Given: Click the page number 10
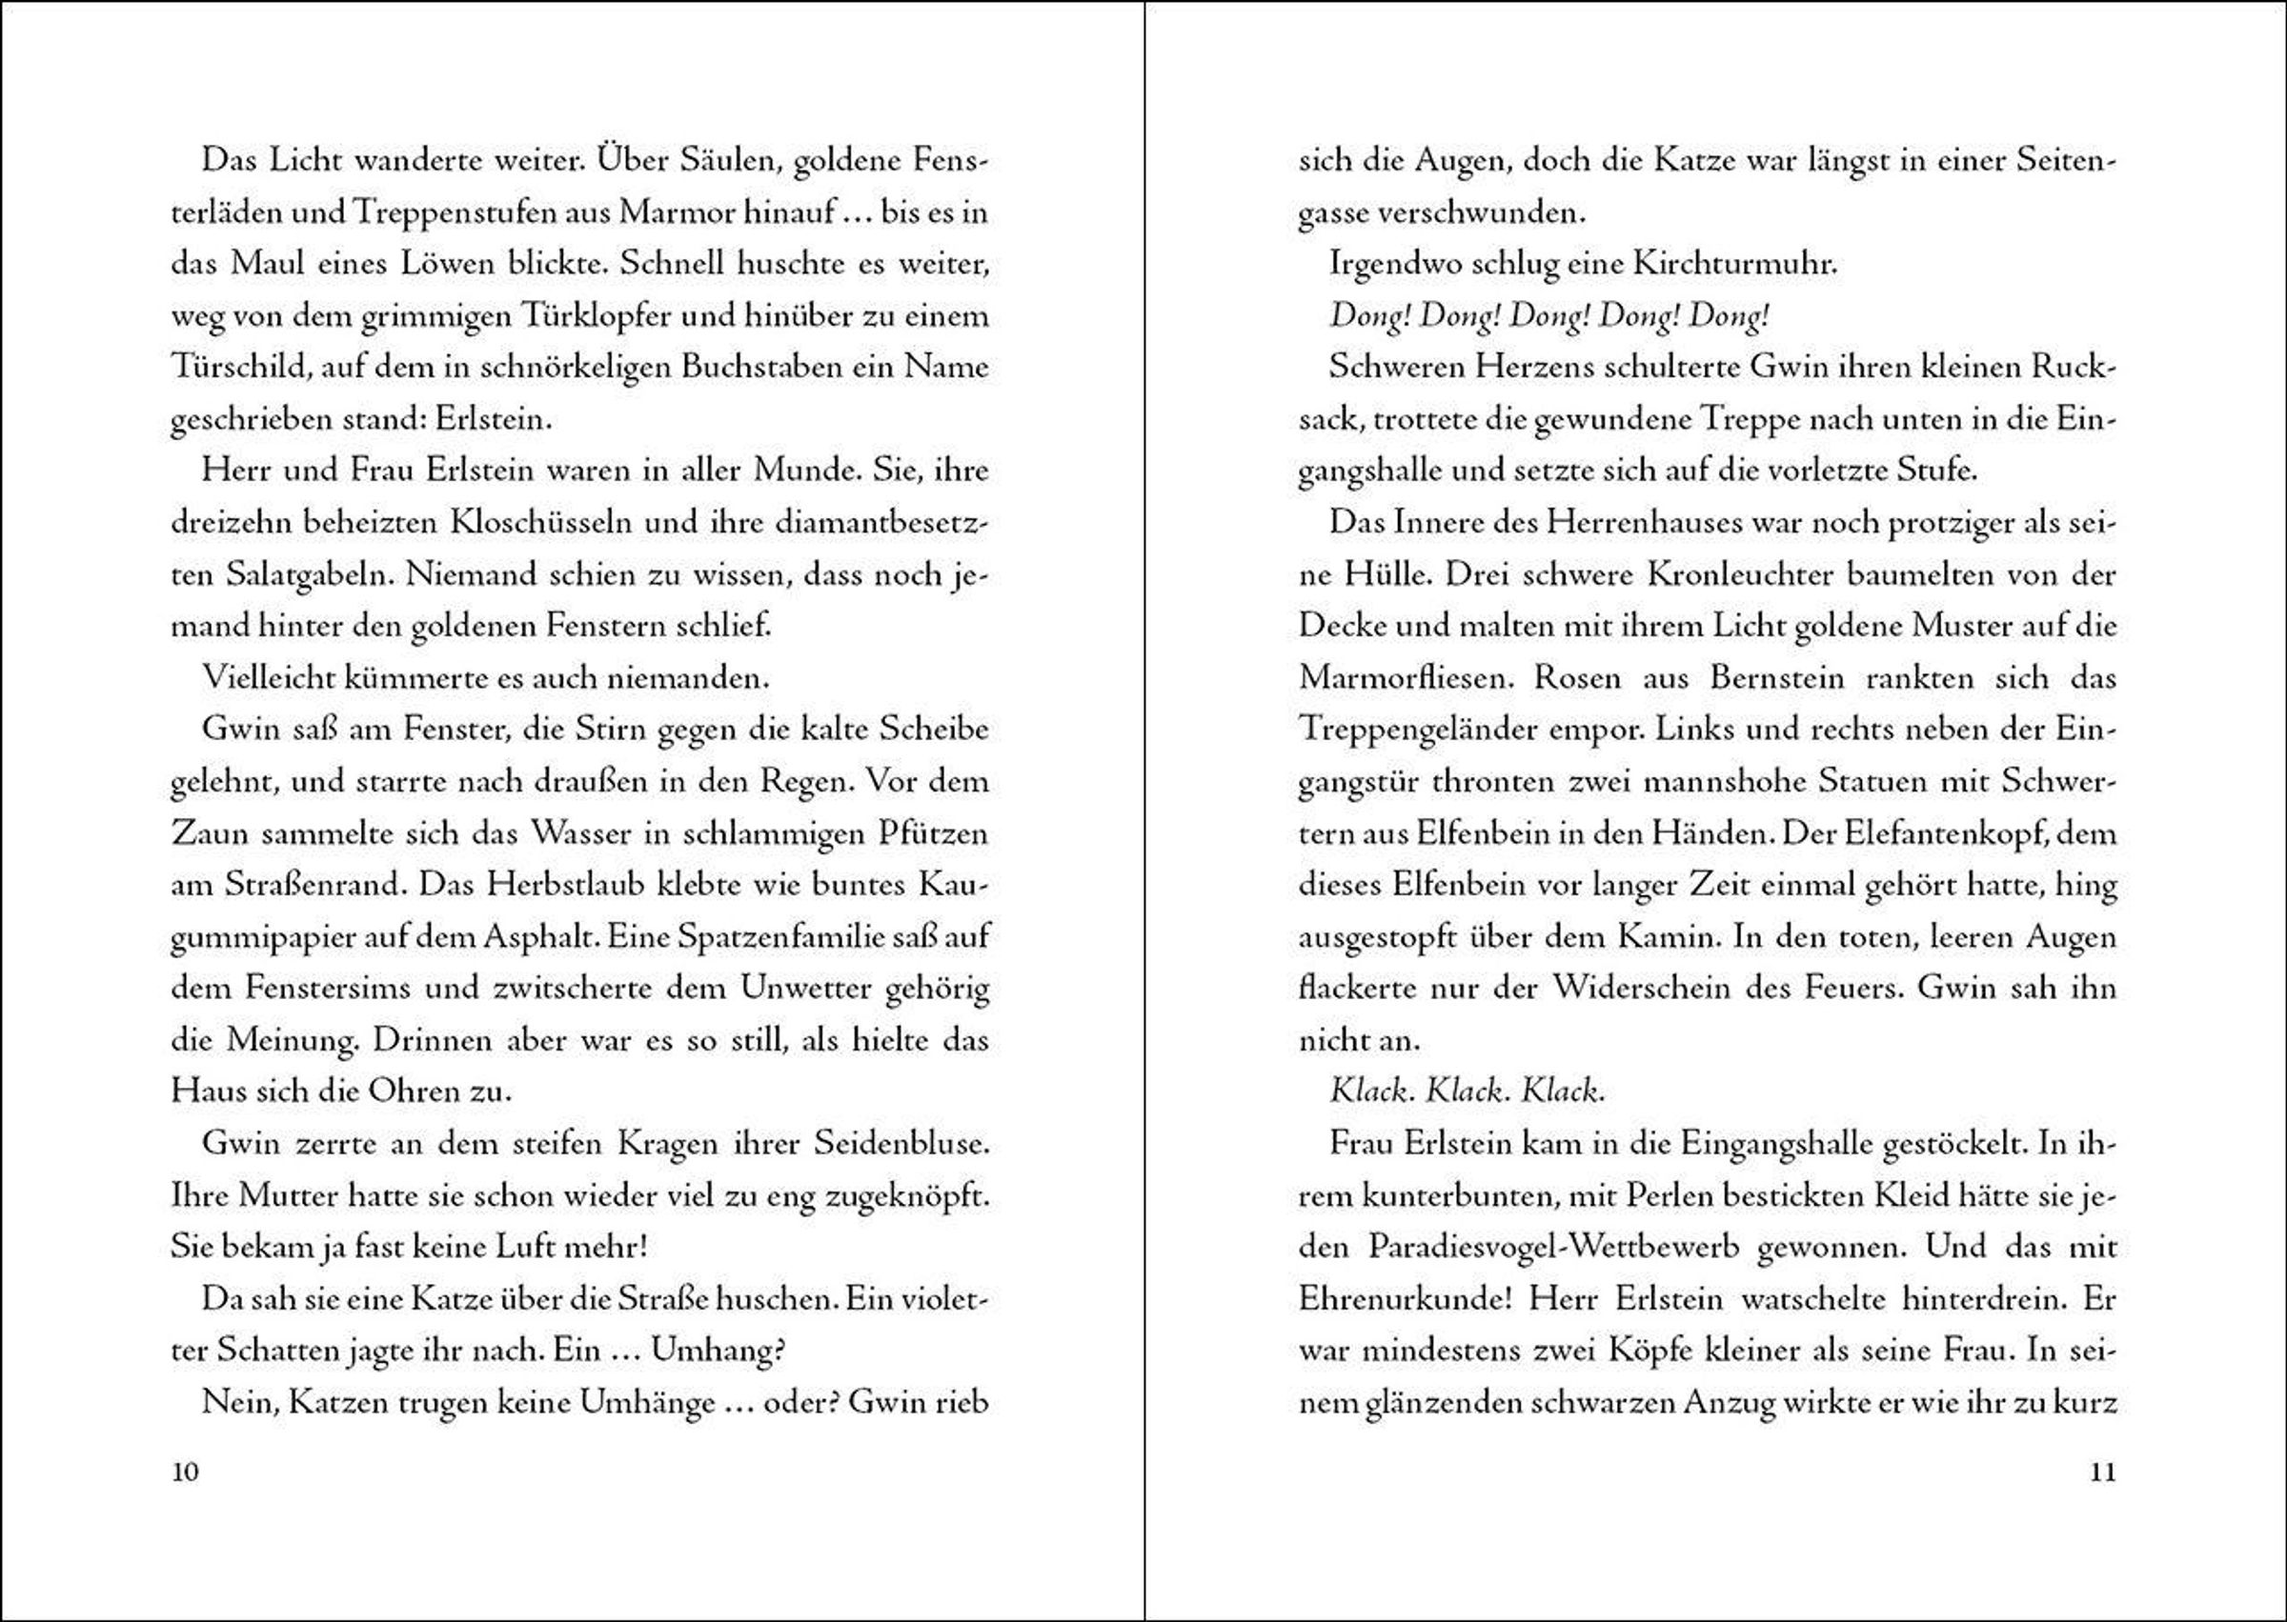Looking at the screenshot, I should (186, 1472).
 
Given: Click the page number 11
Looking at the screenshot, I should (2103, 1472).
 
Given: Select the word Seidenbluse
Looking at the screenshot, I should (901, 1144).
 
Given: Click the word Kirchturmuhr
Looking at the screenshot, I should (1734, 265).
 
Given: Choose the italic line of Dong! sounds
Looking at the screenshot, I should (1548, 316).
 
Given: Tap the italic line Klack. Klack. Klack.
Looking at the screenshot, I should (1467, 1091).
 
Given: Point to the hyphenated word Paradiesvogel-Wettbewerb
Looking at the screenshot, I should (1553, 1248).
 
